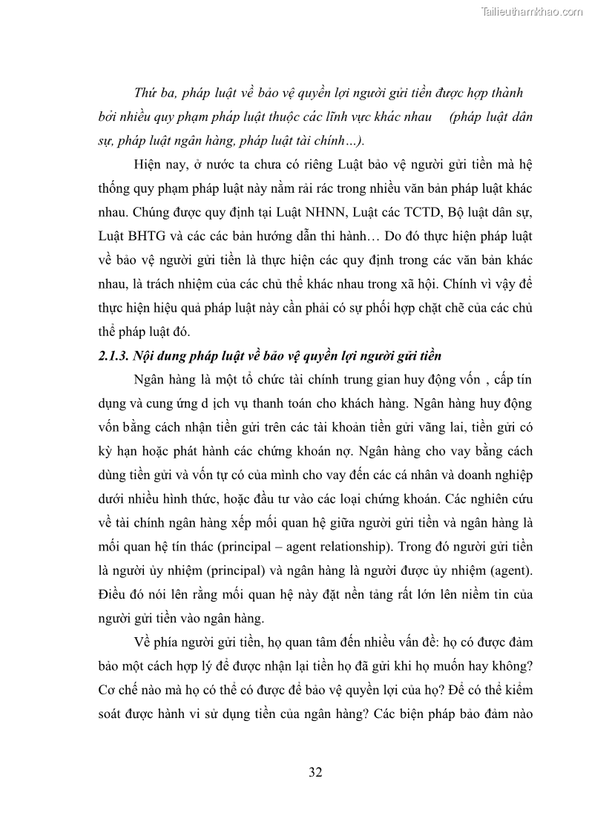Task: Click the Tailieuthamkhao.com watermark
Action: pos(532,11)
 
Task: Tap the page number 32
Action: pos(315,772)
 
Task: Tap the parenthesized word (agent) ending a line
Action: pos(507,570)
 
